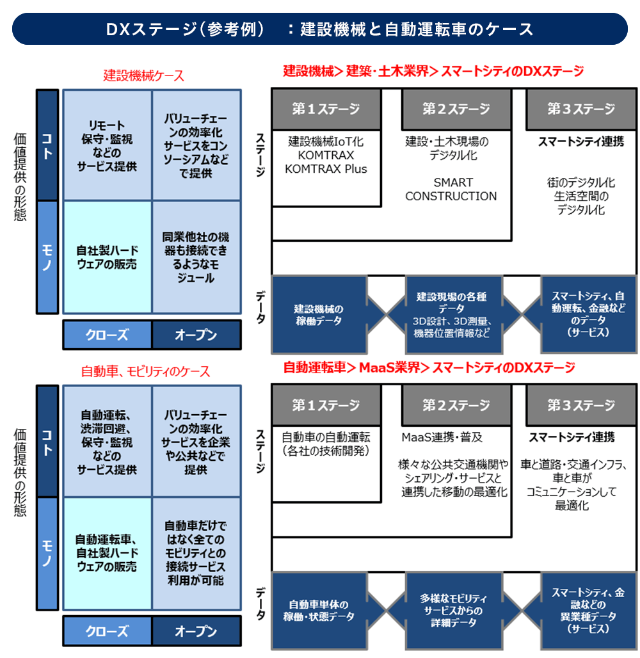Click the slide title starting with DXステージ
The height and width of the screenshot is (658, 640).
(x=319, y=29)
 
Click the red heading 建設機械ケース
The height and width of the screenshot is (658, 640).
(x=143, y=76)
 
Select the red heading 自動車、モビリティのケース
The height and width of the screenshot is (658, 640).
(x=145, y=371)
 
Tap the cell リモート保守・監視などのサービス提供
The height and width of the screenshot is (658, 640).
(x=107, y=145)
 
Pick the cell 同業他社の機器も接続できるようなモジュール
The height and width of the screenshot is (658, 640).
(x=196, y=257)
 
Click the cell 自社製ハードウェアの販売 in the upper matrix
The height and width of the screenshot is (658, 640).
(x=107, y=257)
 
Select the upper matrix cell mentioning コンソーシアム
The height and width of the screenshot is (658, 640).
(x=196, y=145)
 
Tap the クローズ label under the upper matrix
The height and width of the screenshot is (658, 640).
(x=107, y=335)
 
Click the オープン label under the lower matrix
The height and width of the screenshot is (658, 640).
(x=196, y=630)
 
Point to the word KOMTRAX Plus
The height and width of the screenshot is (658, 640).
(x=326, y=169)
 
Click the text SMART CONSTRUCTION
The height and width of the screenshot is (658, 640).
(x=451, y=189)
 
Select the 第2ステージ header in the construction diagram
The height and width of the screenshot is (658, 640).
(x=456, y=109)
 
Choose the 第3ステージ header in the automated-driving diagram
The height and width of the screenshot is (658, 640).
(x=580, y=405)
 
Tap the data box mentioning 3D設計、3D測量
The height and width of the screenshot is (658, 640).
(x=451, y=314)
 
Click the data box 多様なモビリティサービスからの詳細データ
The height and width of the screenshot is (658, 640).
(x=451, y=610)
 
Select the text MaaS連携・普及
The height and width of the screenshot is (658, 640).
(x=442, y=437)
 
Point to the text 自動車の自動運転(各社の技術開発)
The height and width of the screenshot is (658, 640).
(x=326, y=444)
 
